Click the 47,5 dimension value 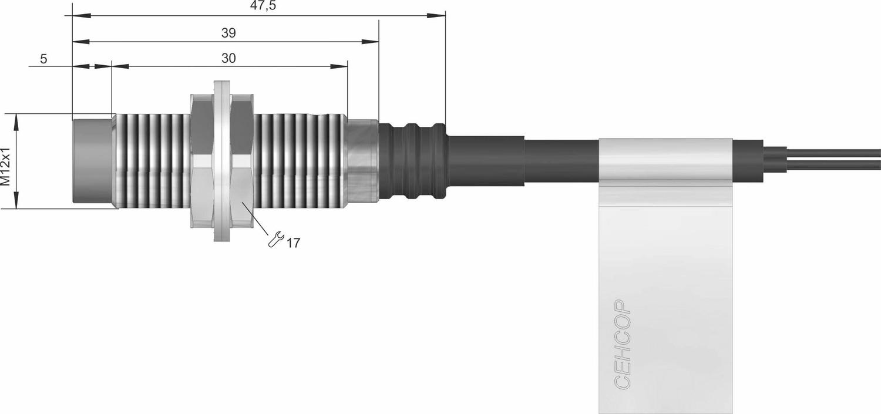tap(263, 6)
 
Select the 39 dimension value tap(228, 33)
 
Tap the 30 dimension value tap(228, 58)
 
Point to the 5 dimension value tap(43, 59)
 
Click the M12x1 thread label tap(5, 166)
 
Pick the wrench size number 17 tap(293, 243)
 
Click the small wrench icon tap(275, 239)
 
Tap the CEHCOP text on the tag tap(622, 344)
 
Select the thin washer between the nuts tap(222, 161)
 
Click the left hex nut tap(202, 161)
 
